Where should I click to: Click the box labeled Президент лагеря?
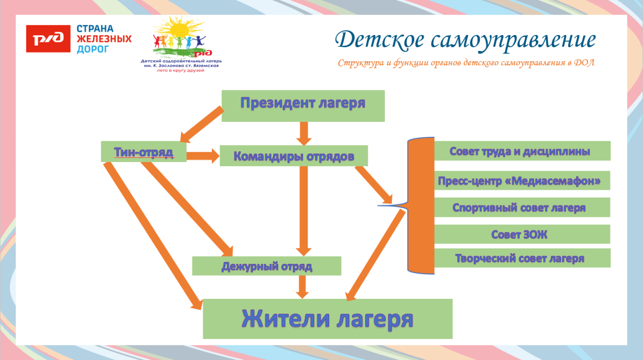(x=303, y=105)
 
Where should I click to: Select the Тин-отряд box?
(x=144, y=151)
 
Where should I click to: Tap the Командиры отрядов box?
(x=294, y=156)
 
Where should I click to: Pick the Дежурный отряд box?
(x=266, y=266)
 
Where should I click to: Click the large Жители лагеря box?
(x=328, y=319)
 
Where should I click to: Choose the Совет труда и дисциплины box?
(x=522, y=151)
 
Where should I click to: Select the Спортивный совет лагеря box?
(x=522, y=207)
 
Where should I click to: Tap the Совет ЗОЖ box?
(x=522, y=234)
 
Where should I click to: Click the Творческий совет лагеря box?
(x=522, y=258)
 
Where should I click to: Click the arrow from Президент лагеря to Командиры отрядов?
(x=303, y=133)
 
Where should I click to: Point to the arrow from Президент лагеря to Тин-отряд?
(x=201, y=124)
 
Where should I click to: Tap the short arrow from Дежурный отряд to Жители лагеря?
(x=302, y=286)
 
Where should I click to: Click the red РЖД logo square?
(x=48, y=39)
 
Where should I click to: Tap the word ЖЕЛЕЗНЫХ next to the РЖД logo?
(x=104, y=39)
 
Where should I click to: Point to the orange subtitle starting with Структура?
(x=466, y=63)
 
